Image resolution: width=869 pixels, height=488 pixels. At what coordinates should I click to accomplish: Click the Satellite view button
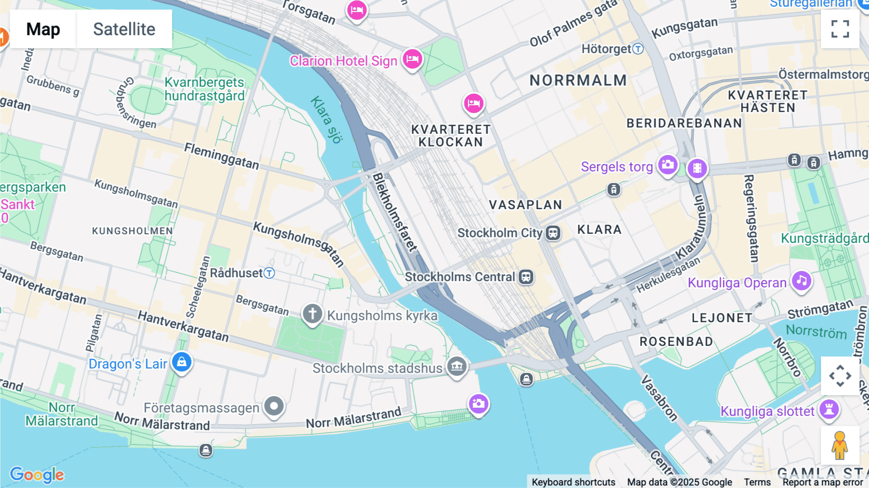124,29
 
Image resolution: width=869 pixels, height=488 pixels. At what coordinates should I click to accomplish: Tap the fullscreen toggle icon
840,29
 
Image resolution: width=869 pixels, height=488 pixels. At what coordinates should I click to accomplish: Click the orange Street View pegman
840,445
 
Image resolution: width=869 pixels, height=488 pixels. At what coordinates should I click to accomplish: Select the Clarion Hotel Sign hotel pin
412,59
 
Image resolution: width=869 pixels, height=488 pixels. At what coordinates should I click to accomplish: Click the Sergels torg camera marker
668,165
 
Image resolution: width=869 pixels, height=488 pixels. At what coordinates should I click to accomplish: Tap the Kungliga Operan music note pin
801,281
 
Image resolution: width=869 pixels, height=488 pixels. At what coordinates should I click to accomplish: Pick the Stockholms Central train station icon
526,277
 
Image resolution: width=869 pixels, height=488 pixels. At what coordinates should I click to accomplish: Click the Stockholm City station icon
553,233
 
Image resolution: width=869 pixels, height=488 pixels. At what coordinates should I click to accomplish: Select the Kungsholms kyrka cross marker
312,314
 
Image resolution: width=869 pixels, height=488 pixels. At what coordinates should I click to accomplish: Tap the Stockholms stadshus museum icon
457,366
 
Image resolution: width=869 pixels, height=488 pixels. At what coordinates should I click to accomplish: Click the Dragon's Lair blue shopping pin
182,362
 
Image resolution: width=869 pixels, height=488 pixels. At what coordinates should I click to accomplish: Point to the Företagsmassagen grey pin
274,406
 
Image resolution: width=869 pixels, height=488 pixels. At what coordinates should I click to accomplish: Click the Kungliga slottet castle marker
829,409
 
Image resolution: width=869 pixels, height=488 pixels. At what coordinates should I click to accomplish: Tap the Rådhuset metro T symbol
269,273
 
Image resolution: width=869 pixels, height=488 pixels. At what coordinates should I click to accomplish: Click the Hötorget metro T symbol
638,49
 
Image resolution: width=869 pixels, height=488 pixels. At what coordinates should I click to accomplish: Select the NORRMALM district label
578,80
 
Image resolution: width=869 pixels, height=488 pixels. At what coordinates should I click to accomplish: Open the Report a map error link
822,482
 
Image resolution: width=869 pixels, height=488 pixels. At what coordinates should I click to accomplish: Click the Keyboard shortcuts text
573,482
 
